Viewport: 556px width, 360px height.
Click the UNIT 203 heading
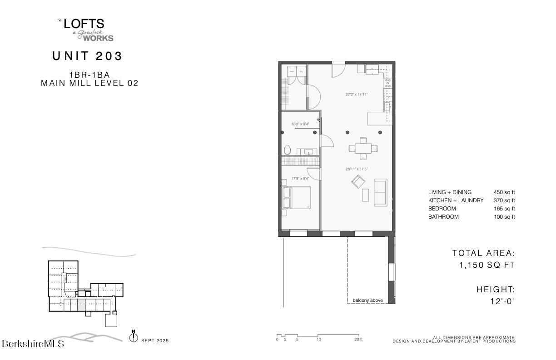88,56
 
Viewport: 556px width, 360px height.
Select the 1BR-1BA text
89,75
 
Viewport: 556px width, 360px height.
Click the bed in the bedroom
297,197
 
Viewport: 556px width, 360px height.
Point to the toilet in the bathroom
287,150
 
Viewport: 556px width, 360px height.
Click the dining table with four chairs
363,148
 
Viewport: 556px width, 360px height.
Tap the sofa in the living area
381,192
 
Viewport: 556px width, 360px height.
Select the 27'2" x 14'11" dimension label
357,95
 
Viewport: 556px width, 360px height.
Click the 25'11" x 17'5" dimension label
357,169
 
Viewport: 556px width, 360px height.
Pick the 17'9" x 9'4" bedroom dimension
300,179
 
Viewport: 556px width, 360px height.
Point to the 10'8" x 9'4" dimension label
300,124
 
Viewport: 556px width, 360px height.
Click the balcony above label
367,300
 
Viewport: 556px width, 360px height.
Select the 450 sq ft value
504,192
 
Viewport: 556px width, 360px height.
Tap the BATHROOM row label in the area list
443,217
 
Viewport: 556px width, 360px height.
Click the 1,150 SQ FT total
487,265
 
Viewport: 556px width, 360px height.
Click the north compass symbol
134,338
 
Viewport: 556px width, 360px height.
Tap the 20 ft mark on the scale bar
358,340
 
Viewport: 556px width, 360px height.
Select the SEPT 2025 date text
155,340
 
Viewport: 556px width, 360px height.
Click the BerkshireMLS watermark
33,344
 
